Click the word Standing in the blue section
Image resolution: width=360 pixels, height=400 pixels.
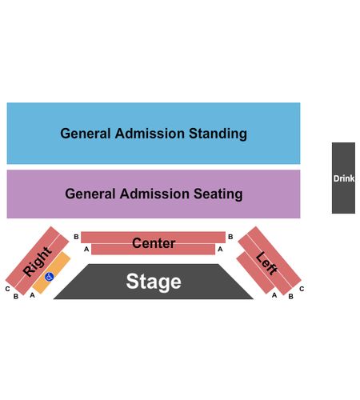coord(218,134)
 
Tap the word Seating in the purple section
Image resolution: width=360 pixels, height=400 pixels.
coord(218,194)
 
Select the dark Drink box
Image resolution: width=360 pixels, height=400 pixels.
coord(343,178)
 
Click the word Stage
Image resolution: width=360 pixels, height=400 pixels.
coord(154,282)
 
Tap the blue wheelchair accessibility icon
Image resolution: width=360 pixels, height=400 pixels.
coord(50,277)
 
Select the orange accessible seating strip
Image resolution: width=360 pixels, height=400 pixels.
coord(51,272)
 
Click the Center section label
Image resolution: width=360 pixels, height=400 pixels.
coord(154,243)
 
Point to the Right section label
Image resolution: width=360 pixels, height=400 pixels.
coord(37,262)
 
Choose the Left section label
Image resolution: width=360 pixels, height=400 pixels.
coord(266,263)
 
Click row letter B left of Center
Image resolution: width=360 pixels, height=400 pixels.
coord(76,237)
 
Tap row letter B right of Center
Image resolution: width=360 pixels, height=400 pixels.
coord(230,237)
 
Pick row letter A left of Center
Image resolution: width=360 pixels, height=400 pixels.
coord(86,249)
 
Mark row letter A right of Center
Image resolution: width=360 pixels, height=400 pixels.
coord(220,249)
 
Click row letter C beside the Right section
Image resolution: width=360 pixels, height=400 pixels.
coord(7,289)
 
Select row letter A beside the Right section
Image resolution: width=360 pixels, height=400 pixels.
coord(32,295)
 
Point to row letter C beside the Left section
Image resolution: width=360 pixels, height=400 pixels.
coord(302,289)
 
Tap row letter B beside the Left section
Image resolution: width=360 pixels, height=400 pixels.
coord(291,296)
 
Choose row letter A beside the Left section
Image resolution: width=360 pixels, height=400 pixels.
coord(274,295)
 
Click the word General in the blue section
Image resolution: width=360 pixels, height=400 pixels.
coord(86,134)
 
